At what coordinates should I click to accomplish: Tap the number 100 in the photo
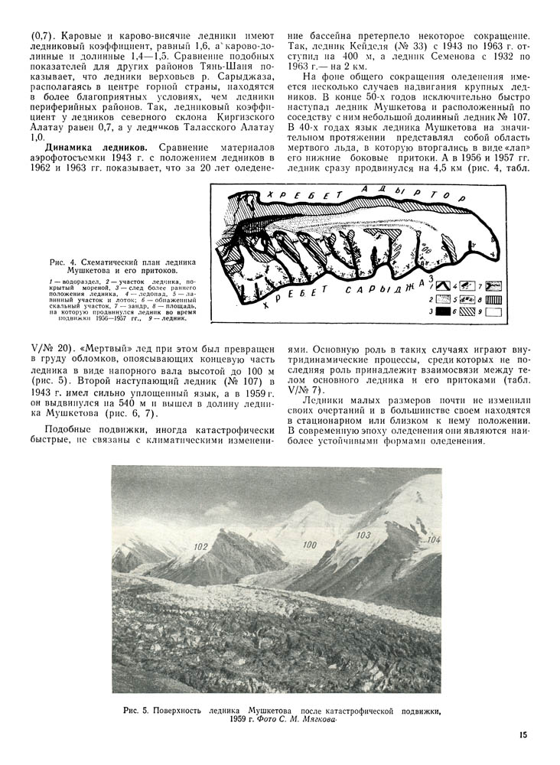point(310,545)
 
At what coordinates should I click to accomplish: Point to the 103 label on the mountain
point(364,534)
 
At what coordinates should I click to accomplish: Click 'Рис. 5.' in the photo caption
point(135,711)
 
